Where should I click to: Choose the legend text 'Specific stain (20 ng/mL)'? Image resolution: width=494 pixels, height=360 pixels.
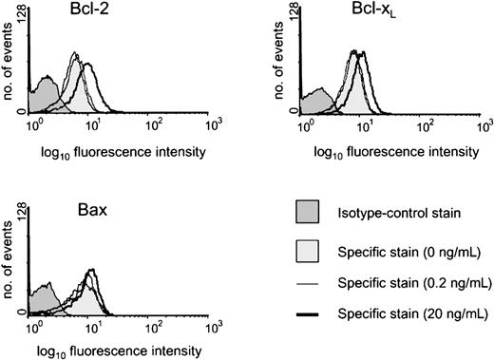(415, 313)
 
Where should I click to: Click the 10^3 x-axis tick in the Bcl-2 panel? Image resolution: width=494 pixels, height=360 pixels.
(212, 123)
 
